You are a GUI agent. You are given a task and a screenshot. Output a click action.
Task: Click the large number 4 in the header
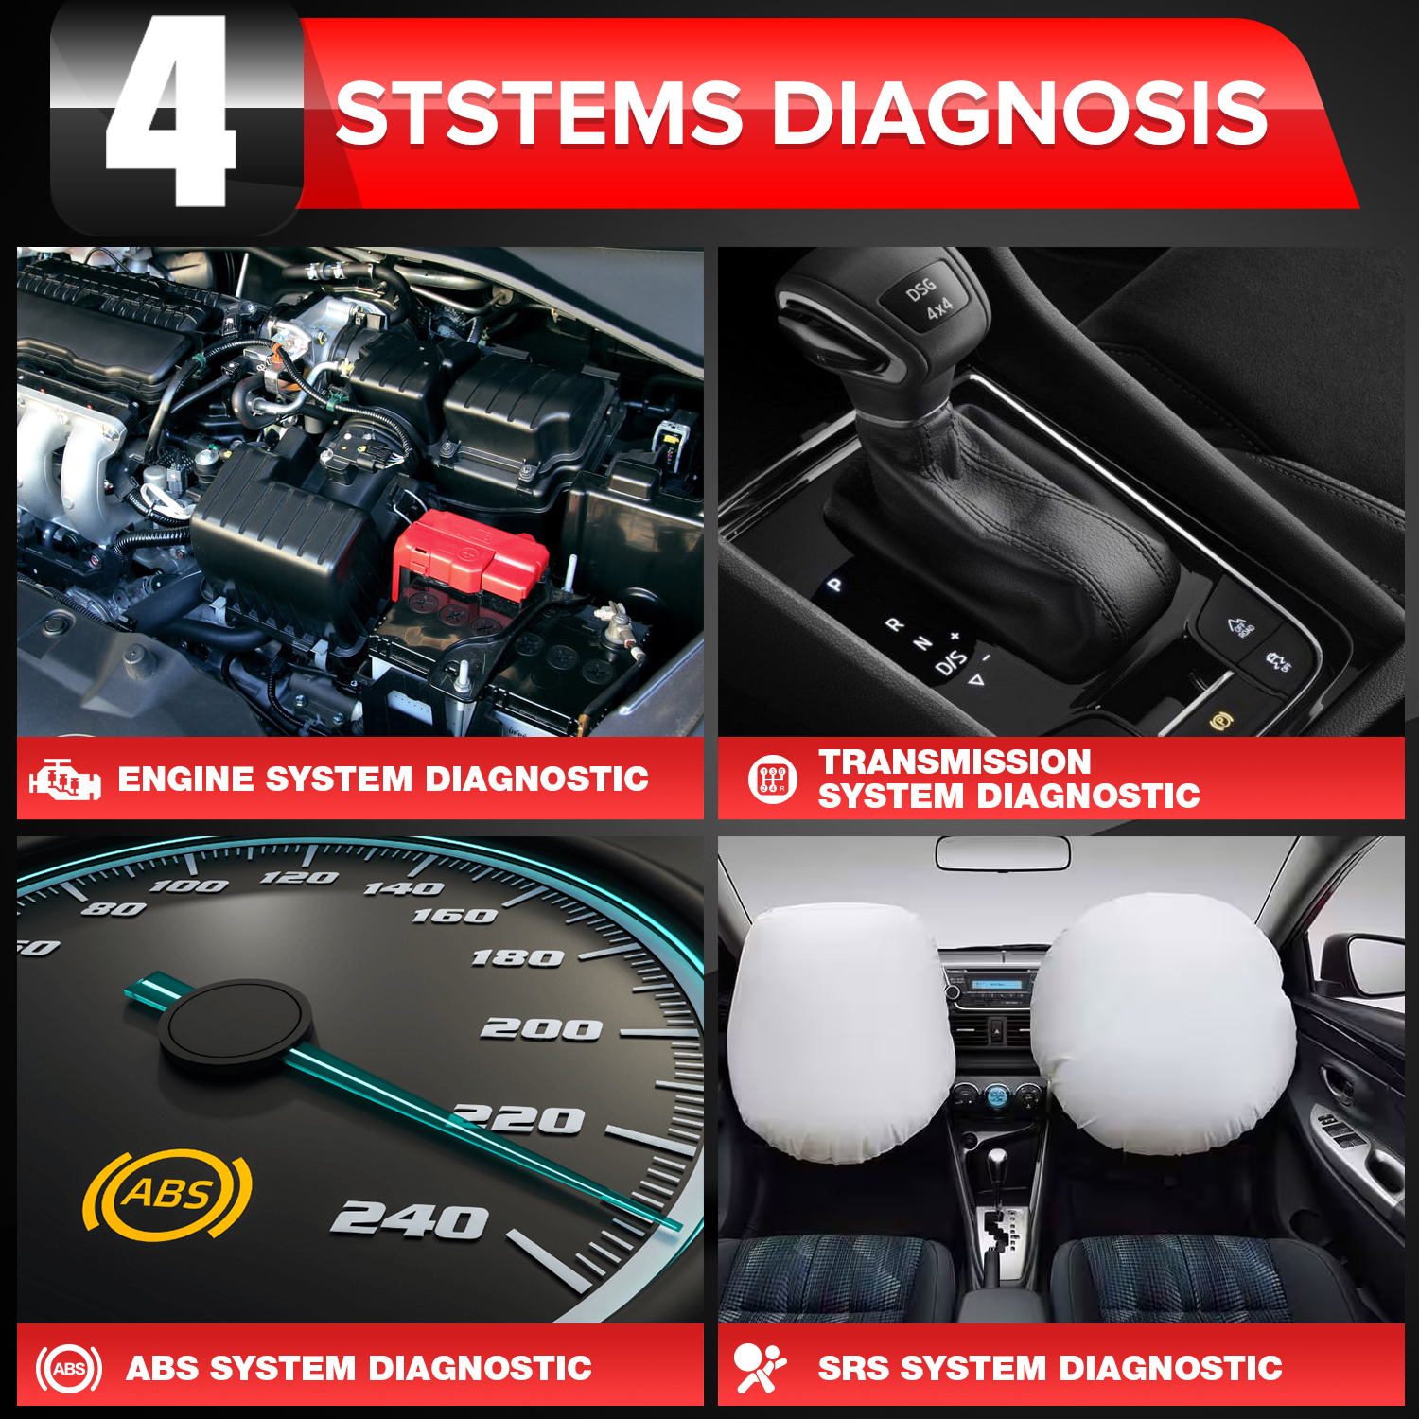pyautogui.click(x=170, y=114)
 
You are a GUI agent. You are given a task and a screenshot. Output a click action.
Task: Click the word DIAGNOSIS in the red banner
pyautogui.click(x=1019, y=114)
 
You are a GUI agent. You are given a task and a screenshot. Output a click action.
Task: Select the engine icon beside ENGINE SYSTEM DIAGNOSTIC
pyautogui.click(x=64, y=780)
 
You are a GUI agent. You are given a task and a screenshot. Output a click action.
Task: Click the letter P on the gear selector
pyautogui.click(x=834, y=585)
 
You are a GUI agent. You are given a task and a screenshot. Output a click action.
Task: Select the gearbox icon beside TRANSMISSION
pyautogui.click(x=773, y=780)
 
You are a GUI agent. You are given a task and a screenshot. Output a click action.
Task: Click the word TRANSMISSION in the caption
pyautogui.click(x=955, y=762)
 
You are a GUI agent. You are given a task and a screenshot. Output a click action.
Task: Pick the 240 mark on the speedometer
pyautogui.click(x=410, y=1219)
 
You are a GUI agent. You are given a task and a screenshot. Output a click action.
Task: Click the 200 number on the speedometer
pyautogui.click(x=541, y=1028)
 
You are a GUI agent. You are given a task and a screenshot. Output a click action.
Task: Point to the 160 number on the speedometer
pyautogui.click(x=454, y=916)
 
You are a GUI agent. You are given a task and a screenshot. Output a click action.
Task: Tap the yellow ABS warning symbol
pyautogui.click(x=167, y=1194)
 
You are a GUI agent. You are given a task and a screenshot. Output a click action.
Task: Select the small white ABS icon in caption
pyautogui.click(x=69, y=1368)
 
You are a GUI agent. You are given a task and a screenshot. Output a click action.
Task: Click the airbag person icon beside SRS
pyautogui.click(x=759, y=1368)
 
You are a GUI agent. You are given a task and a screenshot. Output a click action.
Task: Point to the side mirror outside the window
pyautogui.click(x=1362, y=965)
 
